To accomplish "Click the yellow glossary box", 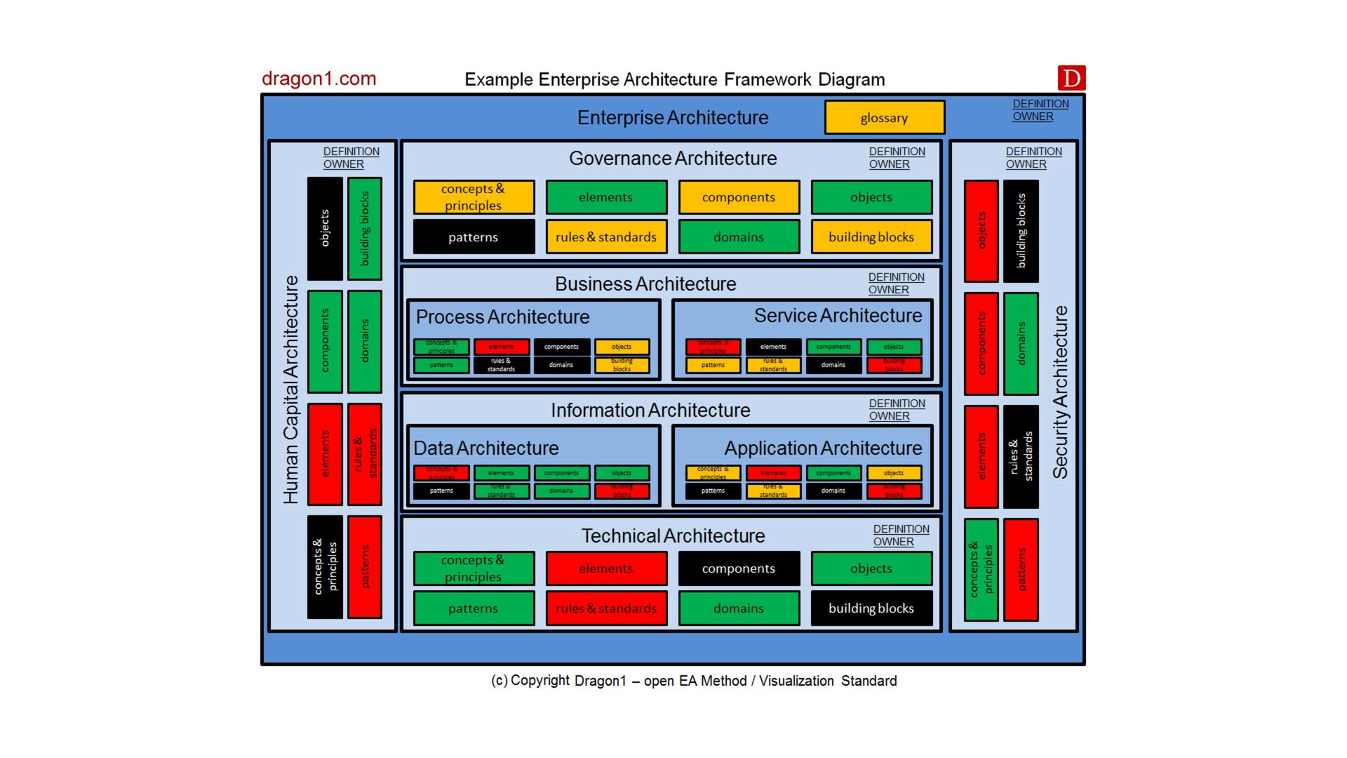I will [x=884, y=118].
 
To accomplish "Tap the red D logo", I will [x=1071, y=78].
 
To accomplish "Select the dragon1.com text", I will [x=319, y=79].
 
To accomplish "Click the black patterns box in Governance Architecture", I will [x=474, y=237].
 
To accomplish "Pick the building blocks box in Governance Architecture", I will [x=871, y=237].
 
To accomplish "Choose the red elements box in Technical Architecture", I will [x=605, y=568].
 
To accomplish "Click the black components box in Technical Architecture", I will [x=738, y=568].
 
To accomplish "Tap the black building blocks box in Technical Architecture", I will [x=871, y=609].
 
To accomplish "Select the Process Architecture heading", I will [x=502, y=317].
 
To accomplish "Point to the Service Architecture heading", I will [x=838, y=316].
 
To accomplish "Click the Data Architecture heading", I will [x=486, y=448].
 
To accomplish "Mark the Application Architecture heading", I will [x=823, y=448].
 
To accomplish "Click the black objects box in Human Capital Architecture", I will [x=325, y=229].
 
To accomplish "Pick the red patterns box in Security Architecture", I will [x=1021, y=570].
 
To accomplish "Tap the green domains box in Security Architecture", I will [x=1021, y=344].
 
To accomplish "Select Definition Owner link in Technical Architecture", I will [x=901, y=536].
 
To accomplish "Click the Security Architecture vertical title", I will [x=1060, y=392].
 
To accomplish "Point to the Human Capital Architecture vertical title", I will [x=290, y=390].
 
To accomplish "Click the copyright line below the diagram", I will [x=694, y=681].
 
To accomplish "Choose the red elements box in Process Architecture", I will [x=501, y=347].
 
